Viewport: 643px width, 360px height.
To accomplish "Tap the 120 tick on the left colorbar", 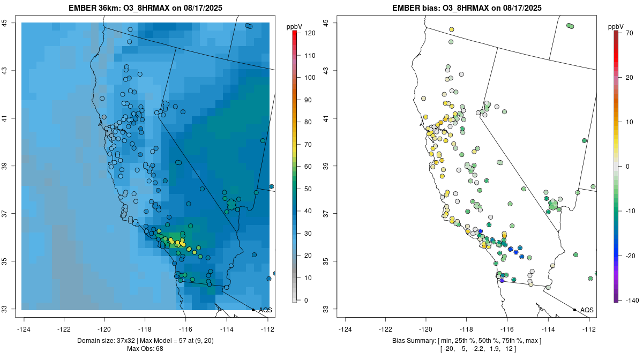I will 309,33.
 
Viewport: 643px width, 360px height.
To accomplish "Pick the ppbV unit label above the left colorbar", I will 295,26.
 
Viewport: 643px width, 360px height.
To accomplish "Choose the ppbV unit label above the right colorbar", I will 616,26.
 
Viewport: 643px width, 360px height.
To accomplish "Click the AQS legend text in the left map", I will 266,310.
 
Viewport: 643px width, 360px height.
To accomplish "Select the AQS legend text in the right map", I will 587,310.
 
